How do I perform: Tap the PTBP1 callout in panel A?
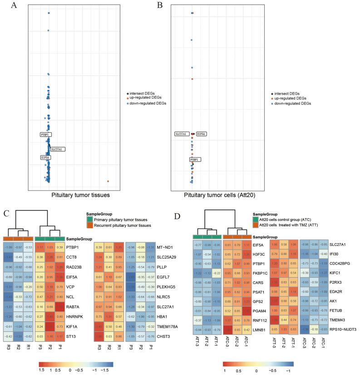46,135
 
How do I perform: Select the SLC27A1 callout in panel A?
57,149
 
